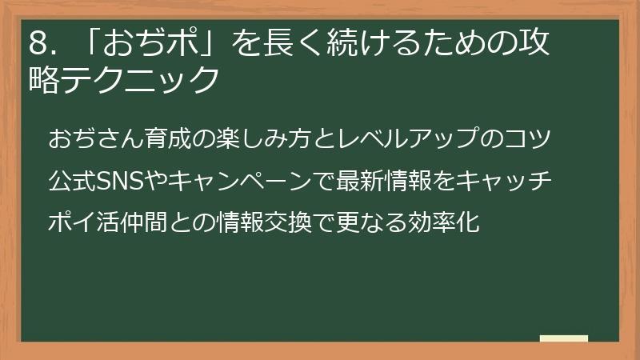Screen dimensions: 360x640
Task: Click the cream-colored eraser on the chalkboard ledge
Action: pyautogui.click(x=563, y=338)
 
